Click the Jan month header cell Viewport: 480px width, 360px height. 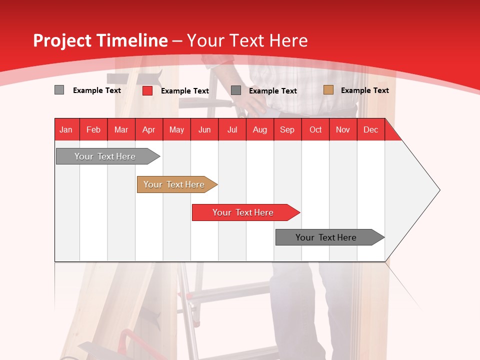[x=66, y=129]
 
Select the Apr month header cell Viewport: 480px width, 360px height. [x=149, y=129]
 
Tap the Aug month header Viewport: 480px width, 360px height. [x=260, y=129]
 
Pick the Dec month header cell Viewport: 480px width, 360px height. [x=371, y=129]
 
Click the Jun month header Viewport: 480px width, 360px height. [x=204, y=129]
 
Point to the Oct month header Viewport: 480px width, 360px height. [x=315, y=129]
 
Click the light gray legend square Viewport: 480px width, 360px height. [x=59, y=90]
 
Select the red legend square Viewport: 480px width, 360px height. [x=147, y=90]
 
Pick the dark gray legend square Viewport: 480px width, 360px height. [x=236, y=90]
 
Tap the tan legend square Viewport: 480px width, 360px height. [x=328, y=90]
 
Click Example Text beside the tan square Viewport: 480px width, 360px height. [x=364, y=90]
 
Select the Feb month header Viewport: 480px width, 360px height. [x=93, y=129]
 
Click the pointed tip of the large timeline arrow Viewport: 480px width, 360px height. [x=439, y=189]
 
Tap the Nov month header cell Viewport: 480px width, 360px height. [x=343, y=129]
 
